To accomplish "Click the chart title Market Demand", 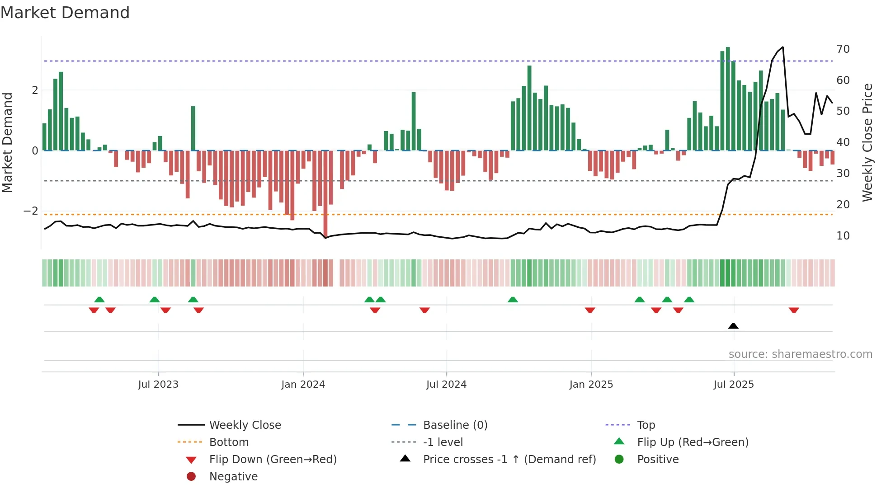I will click(x=65, y=13).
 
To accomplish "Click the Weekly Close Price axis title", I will click(x=867, y=142).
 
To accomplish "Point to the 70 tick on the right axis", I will click(x=843, y=49).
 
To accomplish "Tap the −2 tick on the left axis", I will click(x=31, y=211).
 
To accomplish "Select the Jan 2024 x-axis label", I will click(x=303, y=385).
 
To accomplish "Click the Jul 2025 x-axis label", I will click(x=733, y=385).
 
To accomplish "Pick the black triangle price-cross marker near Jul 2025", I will click(x=733, y=326).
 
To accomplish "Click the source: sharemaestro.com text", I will click(x=800, y=354).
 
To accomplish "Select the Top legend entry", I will click(x=646, y=425).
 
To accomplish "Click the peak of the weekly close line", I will click(x=782, y=47).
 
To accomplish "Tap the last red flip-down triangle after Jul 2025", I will click(x=794, y=310).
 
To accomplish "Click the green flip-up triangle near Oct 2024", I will click(x=513, y=300).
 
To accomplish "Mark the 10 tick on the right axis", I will click(x=843, y=235).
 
